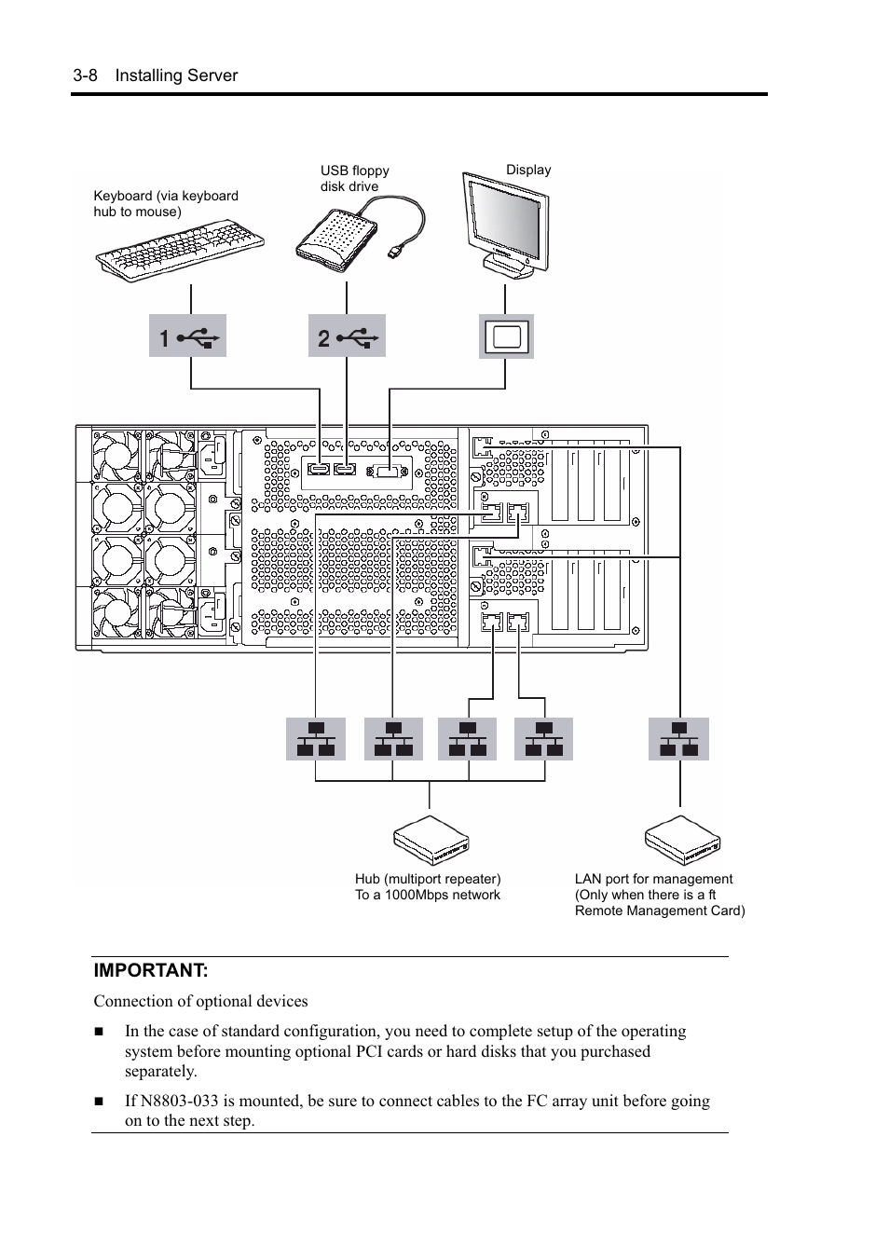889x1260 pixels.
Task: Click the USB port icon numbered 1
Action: click(187, 336)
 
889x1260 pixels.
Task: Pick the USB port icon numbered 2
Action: click(347, 336)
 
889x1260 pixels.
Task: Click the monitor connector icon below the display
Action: click(506, 336)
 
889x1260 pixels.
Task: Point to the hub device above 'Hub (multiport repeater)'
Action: click(431, 840)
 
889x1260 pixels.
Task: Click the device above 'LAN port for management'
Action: click(682, 840)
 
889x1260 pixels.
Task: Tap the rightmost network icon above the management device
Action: click(678, 739)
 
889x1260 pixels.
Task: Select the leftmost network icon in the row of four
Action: click(316, 739)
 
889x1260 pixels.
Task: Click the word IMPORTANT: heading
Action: click(150, 970)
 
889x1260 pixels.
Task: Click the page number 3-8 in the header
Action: click(85, 75)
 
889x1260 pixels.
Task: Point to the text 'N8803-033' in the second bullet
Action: click(179, 1101)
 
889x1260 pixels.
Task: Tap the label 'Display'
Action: click(528, 170)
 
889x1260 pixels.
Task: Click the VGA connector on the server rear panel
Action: click(389, 472)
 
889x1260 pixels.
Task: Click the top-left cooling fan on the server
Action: click(117, 453)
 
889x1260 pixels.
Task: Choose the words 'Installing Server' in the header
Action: click(176, 75)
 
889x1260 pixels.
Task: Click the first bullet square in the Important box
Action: click(99, 1032)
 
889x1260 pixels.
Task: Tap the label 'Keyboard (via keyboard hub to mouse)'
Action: click(166, 203)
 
